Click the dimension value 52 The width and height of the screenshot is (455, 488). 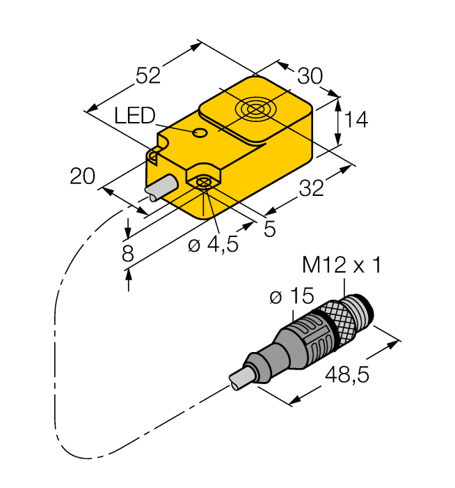[147, 75]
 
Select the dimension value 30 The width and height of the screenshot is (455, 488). [310, 75]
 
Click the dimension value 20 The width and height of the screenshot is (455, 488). [82, 177]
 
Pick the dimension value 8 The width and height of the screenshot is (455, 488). [127, 254]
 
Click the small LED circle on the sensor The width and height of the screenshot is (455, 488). [200, 132]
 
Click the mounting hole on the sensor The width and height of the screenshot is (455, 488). [203, 183]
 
